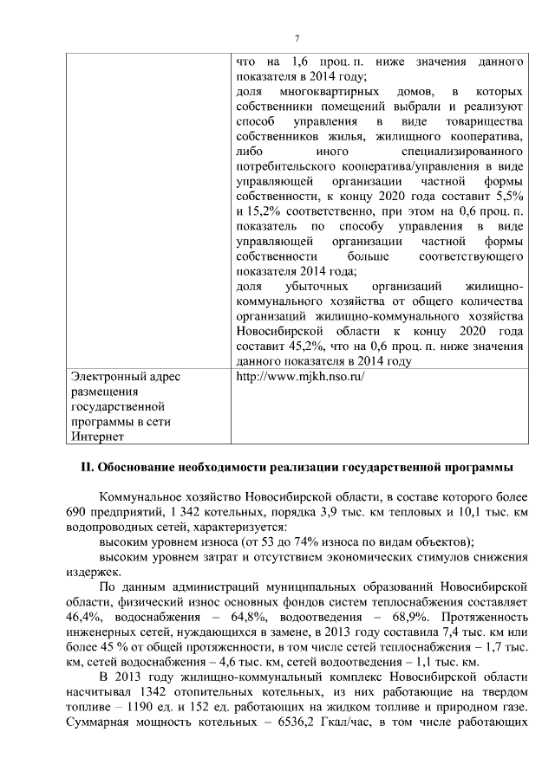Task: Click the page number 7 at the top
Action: coord(297,39)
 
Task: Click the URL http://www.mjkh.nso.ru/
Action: coord(300,377)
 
